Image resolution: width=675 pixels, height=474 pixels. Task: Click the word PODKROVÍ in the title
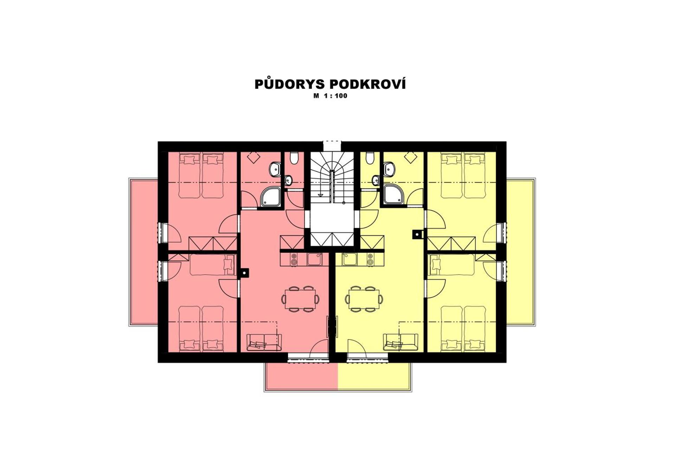click(x=367, y=84)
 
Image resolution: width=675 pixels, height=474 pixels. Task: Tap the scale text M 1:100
click(x=330, y=96)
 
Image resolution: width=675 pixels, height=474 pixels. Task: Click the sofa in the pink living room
click(x=264, y=342)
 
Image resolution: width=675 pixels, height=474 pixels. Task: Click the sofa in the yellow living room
click(x=400, y=342)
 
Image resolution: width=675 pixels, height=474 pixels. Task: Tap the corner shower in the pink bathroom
click(x=271, y=197)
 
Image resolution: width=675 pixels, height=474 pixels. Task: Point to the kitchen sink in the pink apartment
click(x=314, y=259)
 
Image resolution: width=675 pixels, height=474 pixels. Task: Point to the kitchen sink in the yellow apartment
click(x=350, y=259)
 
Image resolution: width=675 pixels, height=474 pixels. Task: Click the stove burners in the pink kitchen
click(x=294, y=259)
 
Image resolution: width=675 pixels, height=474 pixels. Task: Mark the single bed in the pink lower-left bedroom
click(x=213, y=265)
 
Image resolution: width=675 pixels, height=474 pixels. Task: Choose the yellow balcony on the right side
click(x=520, y=252)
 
